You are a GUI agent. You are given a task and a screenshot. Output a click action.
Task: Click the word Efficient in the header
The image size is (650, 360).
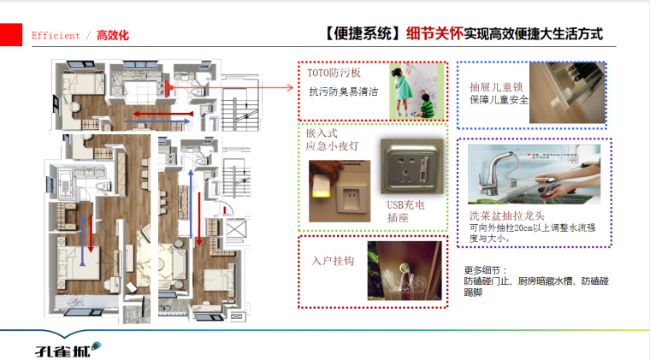56,36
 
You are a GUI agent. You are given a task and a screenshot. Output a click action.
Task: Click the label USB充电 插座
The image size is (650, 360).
405,210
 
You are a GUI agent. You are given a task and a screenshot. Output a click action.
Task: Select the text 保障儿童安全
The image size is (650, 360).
499,100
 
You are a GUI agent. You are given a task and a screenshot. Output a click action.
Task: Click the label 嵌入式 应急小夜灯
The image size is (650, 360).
332,139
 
